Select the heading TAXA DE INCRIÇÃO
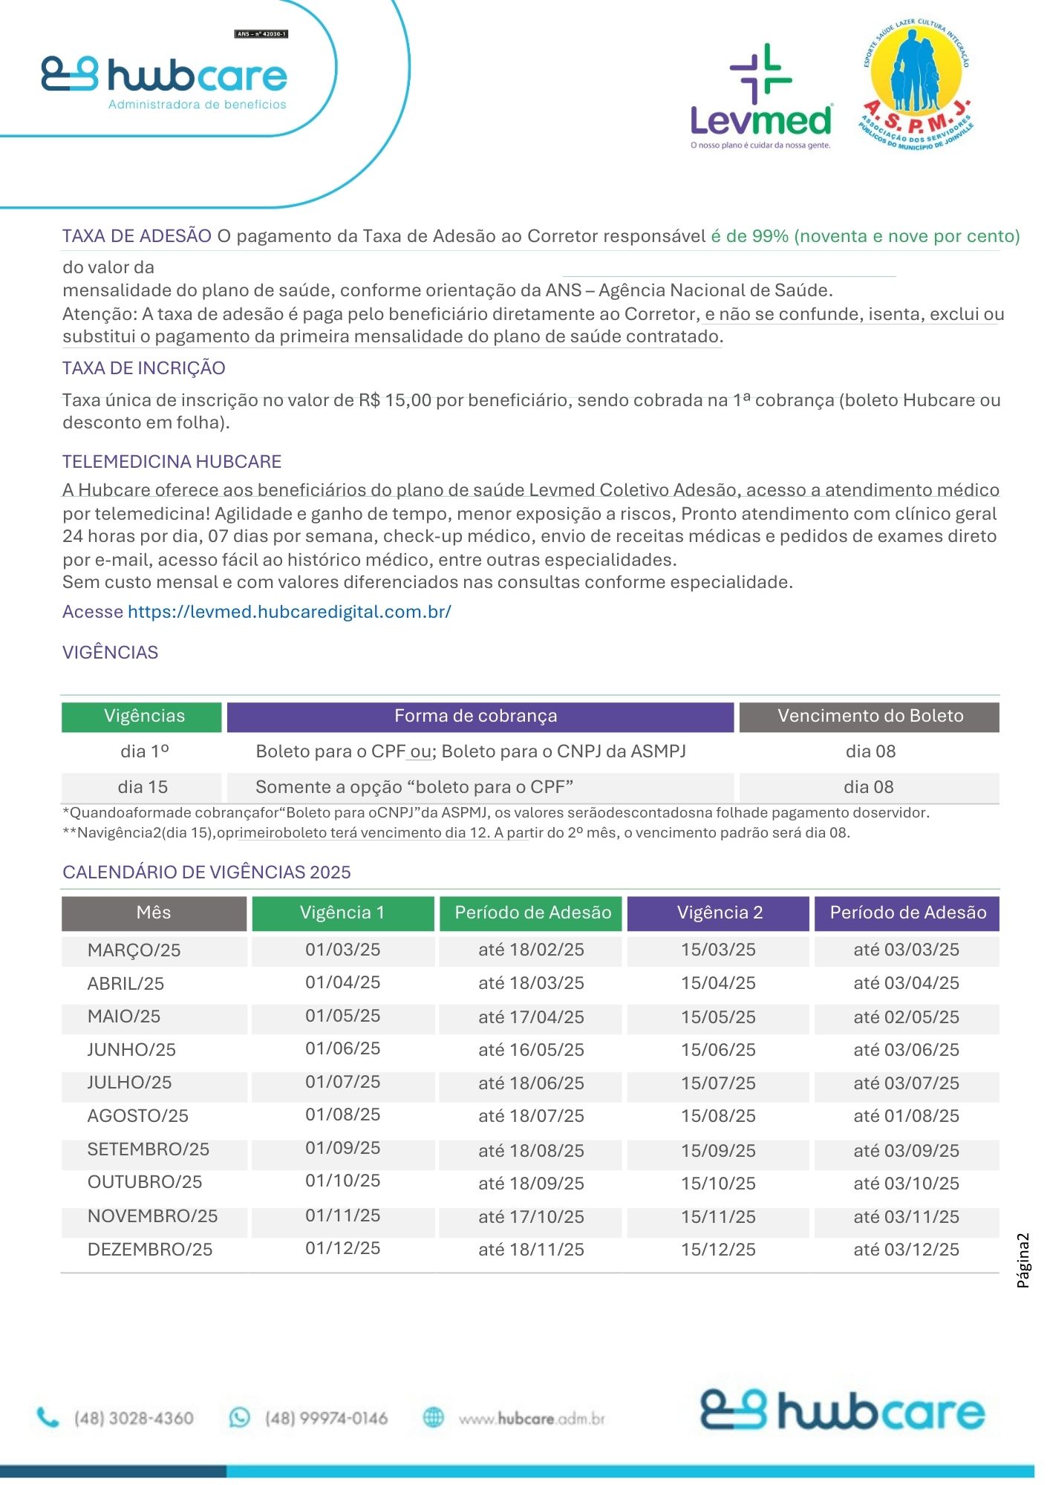(x=143, y=368)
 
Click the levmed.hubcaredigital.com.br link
(x=289, y=612)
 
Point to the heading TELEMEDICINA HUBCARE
(x=172, y=462)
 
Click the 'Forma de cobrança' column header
(x=476, y=717)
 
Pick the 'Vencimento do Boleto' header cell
(x=870, y=717)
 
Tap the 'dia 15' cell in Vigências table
(x=143, y=787)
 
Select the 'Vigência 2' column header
(x=719, y=913)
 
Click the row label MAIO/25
(x=124, y=1016)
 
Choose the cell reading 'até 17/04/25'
(x=531, y=1017)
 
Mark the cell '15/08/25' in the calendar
(x=718, y=1116)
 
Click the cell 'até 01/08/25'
(x=906, y=1116)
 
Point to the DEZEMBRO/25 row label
(x=150, y=1250)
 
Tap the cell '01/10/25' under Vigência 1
(x=342, y=1181)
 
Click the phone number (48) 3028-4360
(x=134, y=1418)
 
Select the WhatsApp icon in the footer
(x=239, y=1417)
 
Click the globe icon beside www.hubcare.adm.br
(x=433, y=1417)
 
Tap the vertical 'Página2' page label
(x=1023, y=1260)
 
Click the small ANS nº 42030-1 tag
(x=261, y=34)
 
